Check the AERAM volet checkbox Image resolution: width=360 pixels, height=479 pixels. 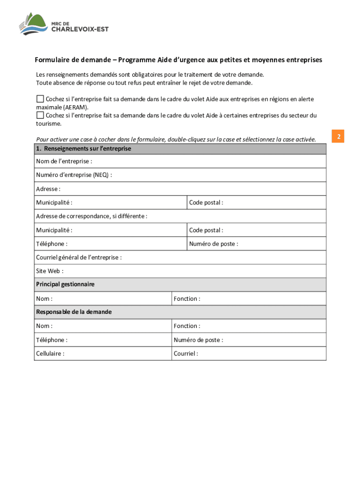pos(40,99)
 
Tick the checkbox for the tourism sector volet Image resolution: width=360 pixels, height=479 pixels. pos(40,115)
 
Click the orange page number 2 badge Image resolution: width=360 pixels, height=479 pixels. pos(338,137)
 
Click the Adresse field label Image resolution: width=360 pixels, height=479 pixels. pos(48,189)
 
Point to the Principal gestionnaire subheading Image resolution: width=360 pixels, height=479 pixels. pos(65,284)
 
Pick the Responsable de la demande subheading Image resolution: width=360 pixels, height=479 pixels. pos(74,312)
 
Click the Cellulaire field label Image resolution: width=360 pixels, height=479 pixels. pos(50,354)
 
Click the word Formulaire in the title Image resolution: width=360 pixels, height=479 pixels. pos(51,60)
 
